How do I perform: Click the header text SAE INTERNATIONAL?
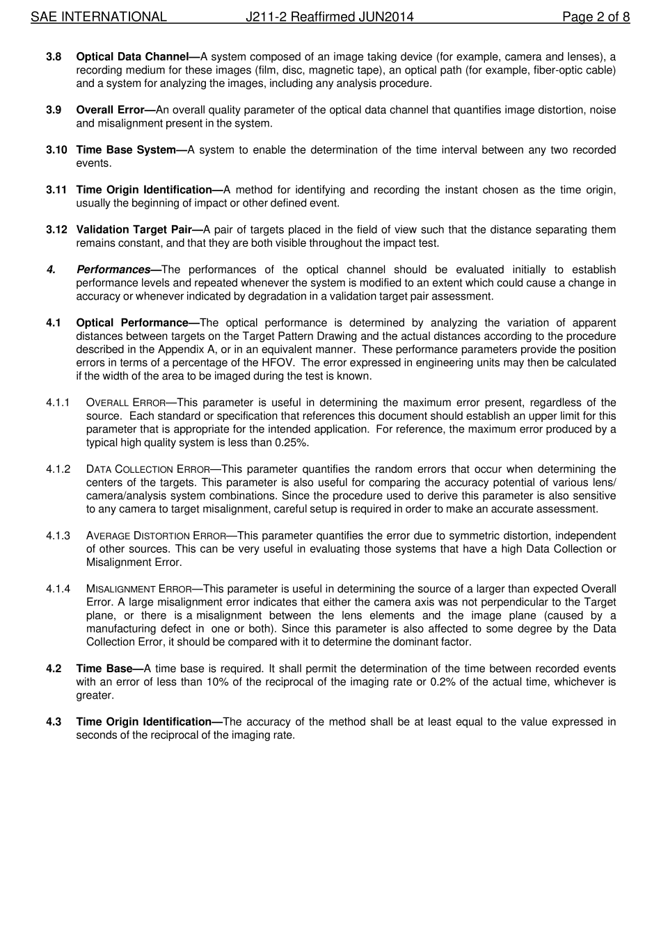tap(98, 17)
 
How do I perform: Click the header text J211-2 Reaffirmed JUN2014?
tap(329, 17)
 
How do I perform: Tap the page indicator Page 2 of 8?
tap(596, 17)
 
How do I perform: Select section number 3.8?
tap(54, 57)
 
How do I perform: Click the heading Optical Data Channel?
tap(132, 57)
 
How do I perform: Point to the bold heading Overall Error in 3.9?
tap(110, 110)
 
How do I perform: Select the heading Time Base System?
tap(126, 150)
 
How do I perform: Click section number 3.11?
tap(56, 190)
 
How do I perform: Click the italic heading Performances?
tap(113, 270)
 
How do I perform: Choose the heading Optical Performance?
tap(132, 323)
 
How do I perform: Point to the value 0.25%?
tap(292, 443)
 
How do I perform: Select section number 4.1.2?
tap(58, 469)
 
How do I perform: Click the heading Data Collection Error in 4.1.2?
tap(148, 469)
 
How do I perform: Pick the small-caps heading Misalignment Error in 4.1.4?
tap(139, 590)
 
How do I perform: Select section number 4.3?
tap(54, 722)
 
